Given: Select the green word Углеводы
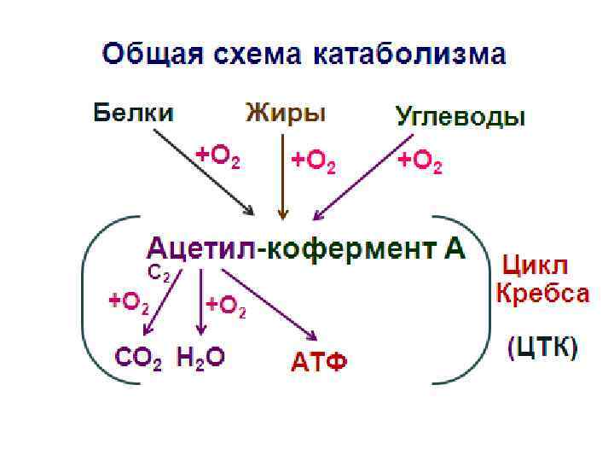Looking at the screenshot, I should coord(460,117).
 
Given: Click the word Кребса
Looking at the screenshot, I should coord(542,294).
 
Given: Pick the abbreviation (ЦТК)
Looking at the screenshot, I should coord(542,348).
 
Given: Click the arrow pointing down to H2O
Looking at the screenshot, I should coord(200,303).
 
